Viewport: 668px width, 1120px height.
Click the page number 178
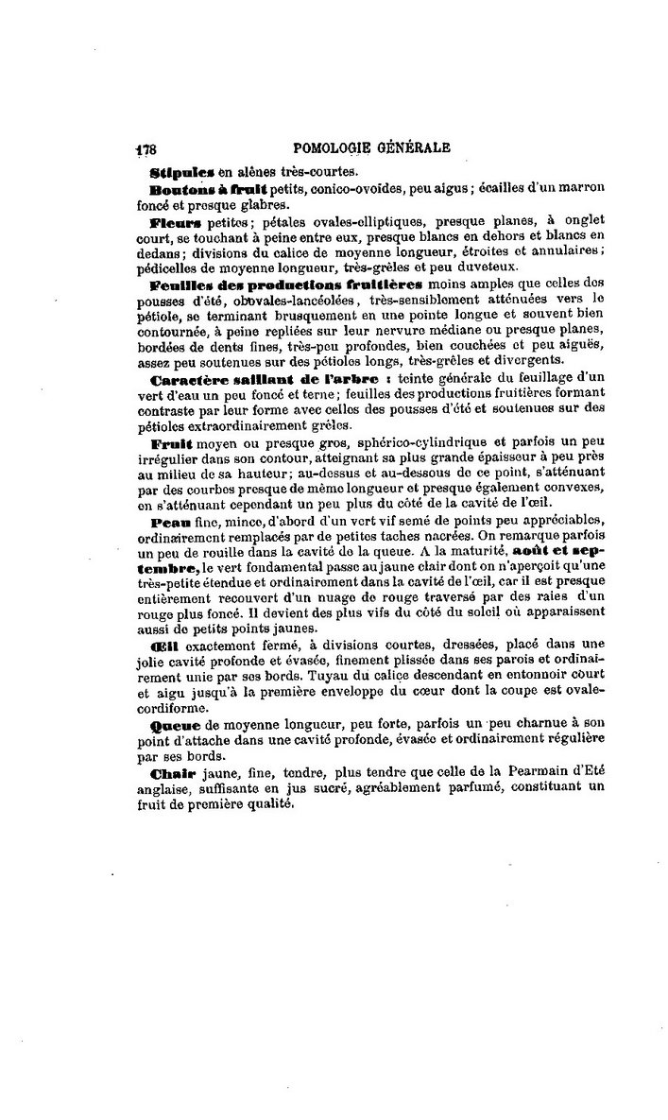click(146, 148)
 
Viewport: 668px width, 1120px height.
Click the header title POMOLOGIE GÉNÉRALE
click(372, 146)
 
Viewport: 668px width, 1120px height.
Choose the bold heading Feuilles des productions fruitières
click(286, 284)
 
